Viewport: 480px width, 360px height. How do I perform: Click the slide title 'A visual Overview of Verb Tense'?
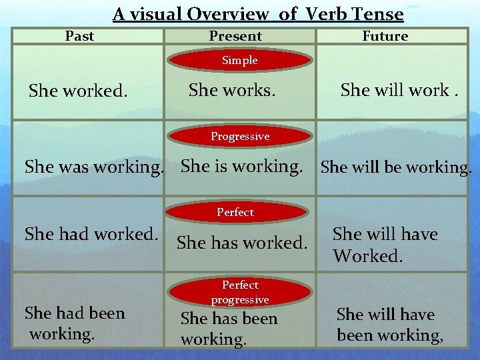pos(258,14)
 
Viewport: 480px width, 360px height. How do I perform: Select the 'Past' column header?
pos(79,36)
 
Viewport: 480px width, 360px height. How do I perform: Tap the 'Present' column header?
pos(235,36)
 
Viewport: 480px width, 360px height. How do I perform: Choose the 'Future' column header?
pos(385,36)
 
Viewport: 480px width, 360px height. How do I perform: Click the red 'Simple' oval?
pos(240,61)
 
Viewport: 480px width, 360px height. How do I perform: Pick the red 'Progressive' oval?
pos(240,137)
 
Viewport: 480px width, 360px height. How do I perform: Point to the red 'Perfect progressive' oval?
pos(240,292)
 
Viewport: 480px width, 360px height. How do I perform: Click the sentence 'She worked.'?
pos(78,91)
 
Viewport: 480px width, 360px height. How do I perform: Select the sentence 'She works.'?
pos(232,89)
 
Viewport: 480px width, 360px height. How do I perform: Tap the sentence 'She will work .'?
pos(399,90)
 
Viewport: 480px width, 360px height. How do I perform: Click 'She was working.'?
pos(94,167)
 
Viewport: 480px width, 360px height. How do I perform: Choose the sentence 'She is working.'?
pos(242,166)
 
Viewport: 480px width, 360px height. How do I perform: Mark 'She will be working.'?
pos(396,167)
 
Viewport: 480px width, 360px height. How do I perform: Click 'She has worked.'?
pos(242,243)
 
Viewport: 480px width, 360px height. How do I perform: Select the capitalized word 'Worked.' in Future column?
pos(368,255)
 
